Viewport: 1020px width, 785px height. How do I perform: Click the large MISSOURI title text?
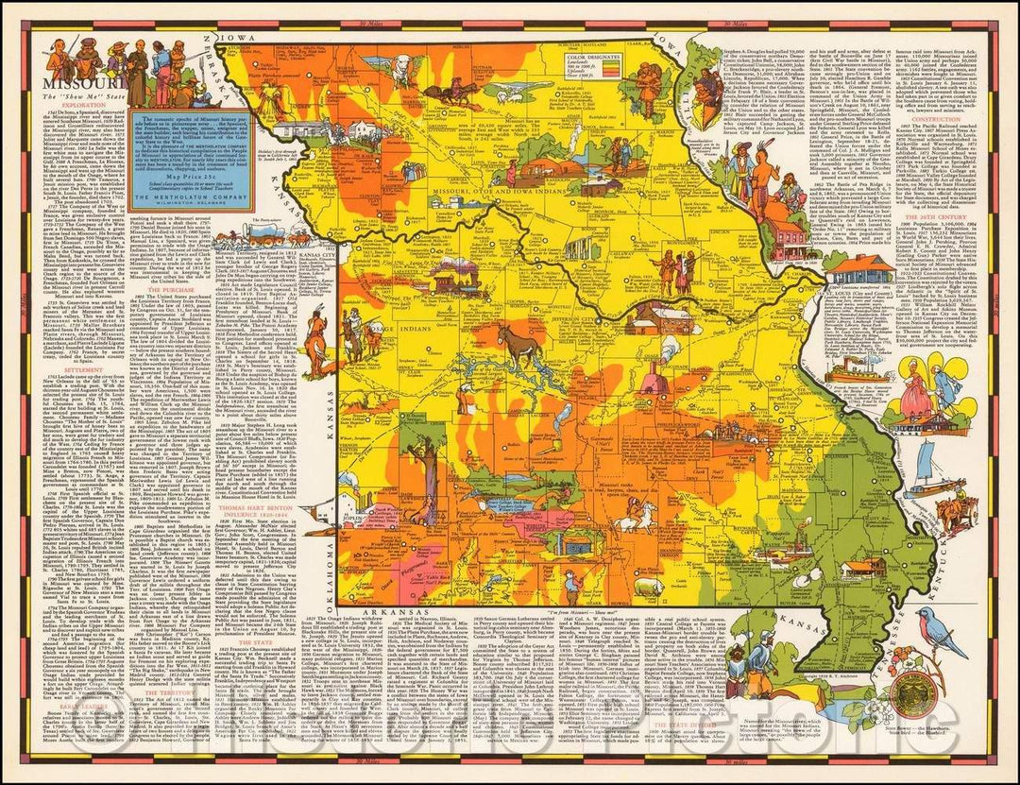69,82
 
